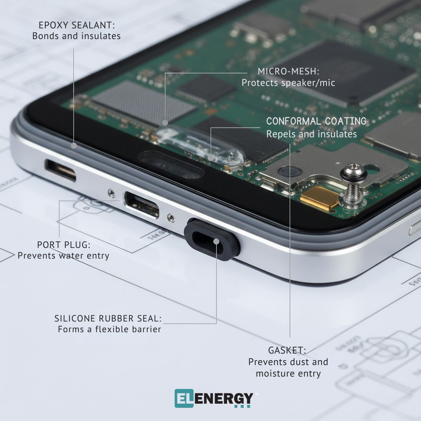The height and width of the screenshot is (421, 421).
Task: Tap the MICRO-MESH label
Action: (287, 71)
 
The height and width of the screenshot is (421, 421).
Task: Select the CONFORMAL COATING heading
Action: (316, 121)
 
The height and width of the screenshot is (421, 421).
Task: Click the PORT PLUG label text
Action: (63, 245)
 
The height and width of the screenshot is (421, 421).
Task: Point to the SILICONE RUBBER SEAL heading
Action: (108, 318)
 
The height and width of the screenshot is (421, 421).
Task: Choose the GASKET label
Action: (287, 350)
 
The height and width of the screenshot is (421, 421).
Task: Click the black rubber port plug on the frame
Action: (212, 240)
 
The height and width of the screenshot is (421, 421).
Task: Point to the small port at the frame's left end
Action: (61, 170)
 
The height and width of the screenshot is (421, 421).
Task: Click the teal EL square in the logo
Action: (183, 398)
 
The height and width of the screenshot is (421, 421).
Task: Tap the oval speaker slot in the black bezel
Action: (171, 164)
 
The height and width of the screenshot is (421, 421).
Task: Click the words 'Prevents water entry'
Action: (63, 256)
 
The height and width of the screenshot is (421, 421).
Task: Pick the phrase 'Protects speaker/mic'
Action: (288, 83)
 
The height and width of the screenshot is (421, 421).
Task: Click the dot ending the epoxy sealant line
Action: (74, 145)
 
